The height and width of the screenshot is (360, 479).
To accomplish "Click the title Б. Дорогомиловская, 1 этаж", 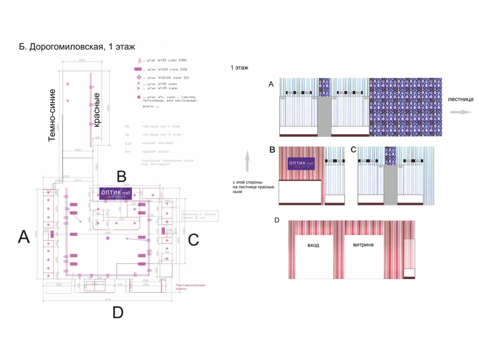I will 77,48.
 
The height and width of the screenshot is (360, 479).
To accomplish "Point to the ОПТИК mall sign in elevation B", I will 302,164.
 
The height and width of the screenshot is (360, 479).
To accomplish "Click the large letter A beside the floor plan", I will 23,236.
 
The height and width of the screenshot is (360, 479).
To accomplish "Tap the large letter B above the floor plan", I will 121,176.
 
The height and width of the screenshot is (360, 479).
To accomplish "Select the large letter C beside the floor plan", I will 193,240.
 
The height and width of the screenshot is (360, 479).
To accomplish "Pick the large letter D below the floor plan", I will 118,312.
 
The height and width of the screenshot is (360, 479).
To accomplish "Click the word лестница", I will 460,100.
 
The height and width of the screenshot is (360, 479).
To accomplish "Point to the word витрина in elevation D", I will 364,244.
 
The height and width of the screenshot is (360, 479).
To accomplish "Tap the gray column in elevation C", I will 390,185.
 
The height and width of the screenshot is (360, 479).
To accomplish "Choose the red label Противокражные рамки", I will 190,287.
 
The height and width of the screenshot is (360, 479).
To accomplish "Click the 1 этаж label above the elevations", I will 238,67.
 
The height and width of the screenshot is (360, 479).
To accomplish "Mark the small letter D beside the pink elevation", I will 276,221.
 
